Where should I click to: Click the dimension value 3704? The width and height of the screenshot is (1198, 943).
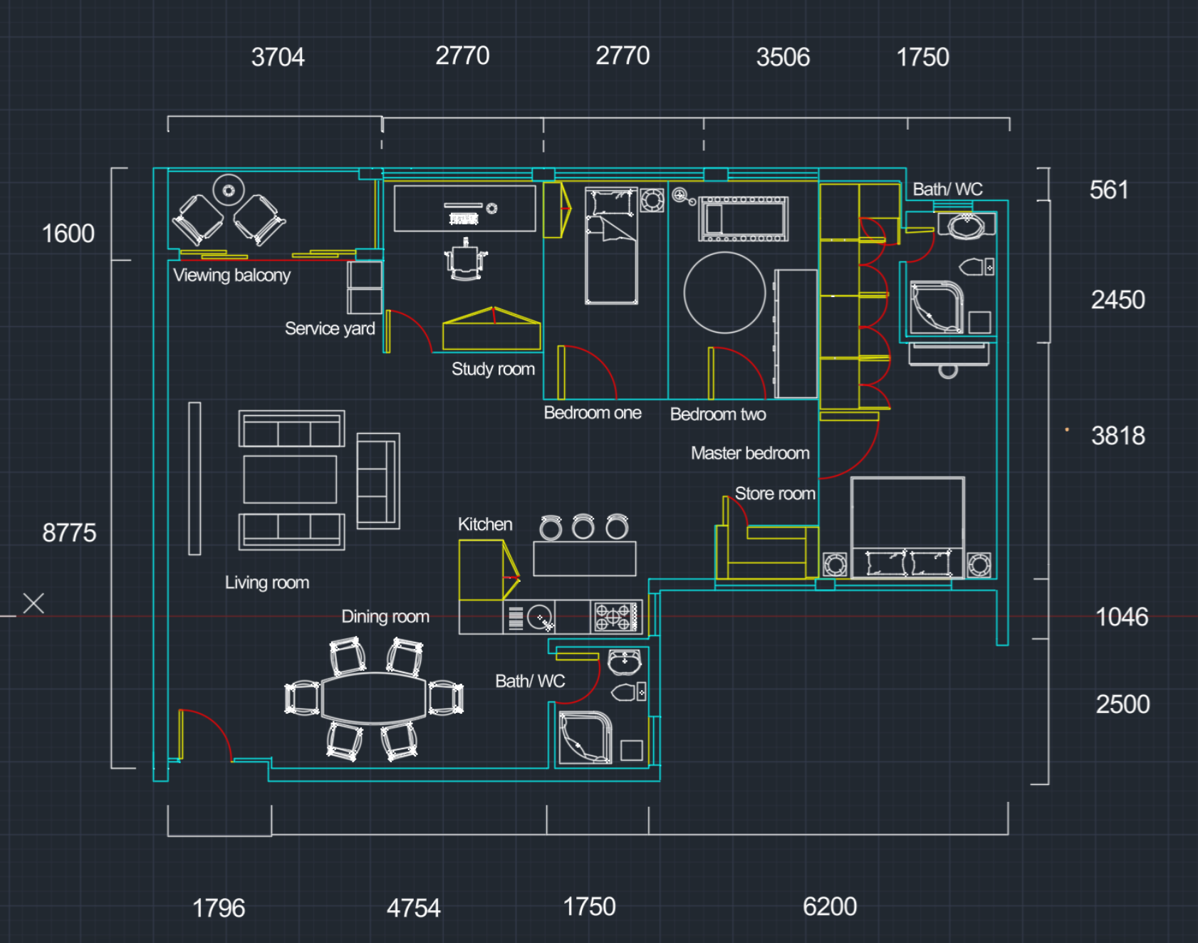(278, 57)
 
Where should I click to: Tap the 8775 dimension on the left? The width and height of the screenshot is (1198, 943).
(69, 533)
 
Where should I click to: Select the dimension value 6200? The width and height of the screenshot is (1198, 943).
(830, 907)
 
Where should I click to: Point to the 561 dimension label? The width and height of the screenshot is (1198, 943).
(1109, 190)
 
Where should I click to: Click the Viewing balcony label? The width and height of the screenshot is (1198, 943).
(231, 275)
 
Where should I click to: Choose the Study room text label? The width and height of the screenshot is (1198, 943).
(493, 369)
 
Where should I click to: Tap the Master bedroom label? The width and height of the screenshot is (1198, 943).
(750, 453)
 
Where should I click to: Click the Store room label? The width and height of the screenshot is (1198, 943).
(775, 494)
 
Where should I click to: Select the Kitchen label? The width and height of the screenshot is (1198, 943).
(485, 524)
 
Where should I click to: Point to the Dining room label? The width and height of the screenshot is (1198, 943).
(385, 617)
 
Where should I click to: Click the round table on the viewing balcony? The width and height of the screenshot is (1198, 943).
(229, 190)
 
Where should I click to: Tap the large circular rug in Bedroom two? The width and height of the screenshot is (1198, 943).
(724, 293)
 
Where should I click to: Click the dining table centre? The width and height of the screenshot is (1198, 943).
(374, 699)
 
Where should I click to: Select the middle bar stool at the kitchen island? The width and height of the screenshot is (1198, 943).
(583, 526)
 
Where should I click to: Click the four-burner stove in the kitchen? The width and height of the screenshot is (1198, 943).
(616, 617)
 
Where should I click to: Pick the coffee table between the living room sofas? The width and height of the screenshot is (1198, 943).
(290, 479)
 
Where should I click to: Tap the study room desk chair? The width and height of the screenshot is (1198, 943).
(465, 262)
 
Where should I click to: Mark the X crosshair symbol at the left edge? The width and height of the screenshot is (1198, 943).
(33, 603)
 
